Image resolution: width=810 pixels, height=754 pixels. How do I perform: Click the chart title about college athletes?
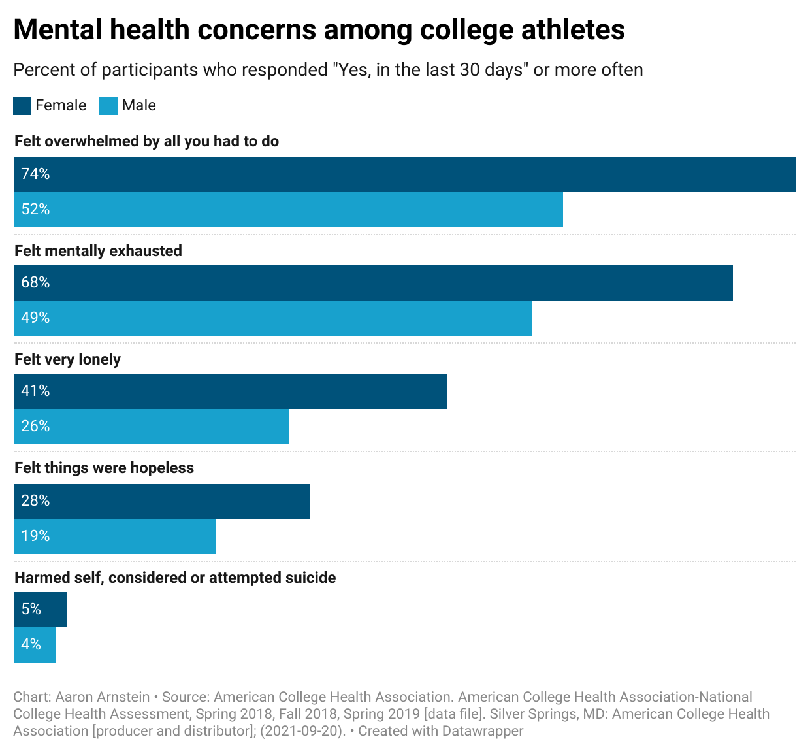319,30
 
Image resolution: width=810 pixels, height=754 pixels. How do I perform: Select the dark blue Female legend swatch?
22,106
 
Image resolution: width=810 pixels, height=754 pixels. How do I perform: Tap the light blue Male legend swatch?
108,106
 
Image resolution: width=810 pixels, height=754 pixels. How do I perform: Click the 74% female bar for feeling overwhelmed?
405,174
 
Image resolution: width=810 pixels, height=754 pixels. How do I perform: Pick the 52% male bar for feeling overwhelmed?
289,210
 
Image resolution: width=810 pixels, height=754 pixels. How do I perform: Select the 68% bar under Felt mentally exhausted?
374,283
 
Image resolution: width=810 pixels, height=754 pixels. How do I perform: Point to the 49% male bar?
273,318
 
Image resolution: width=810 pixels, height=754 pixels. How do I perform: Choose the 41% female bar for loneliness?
231,391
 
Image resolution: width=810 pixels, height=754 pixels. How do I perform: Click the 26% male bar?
152,427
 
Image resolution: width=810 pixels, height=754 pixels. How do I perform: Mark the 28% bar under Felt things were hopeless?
162,501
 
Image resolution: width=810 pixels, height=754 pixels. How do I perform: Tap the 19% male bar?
115,536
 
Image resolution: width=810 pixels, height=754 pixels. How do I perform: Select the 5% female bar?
40,610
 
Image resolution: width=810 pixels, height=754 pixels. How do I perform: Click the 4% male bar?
35,645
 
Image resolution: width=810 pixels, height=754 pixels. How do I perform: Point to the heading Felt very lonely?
68,360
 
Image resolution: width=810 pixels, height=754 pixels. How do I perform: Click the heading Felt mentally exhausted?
98,252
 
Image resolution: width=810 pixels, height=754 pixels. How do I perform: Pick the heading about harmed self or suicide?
175,578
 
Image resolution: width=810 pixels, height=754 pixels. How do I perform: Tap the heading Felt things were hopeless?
105,468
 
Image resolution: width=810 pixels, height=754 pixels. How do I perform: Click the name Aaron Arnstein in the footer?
103,697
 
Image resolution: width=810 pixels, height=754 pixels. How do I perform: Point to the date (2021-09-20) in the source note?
302,731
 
